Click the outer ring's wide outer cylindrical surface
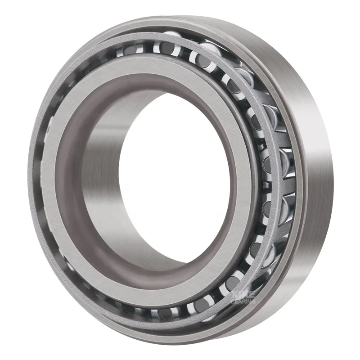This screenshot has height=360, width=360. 315,180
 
